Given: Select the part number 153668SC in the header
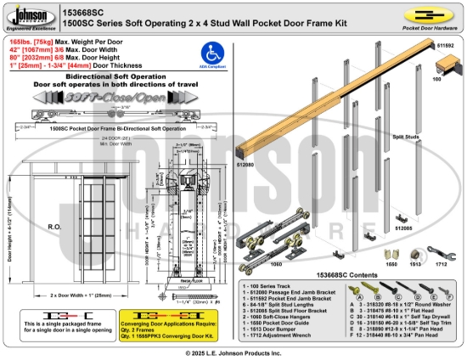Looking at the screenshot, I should [x=82, y=7].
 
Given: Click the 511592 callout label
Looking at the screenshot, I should [x=445, y=46].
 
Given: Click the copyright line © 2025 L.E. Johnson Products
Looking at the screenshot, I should [x=233, y=352].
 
